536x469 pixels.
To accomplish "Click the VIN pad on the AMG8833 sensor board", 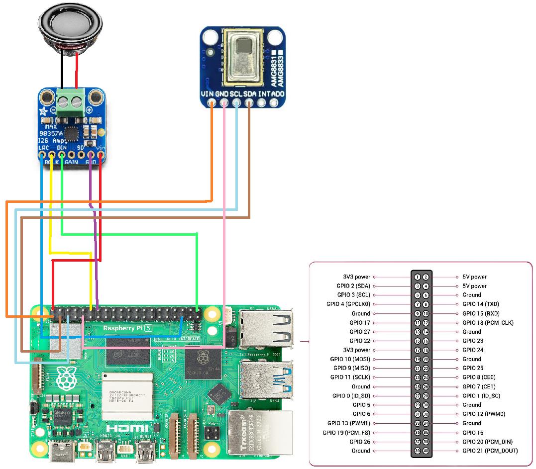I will tap(212, 103).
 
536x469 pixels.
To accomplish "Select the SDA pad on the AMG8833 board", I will tap(249, 103).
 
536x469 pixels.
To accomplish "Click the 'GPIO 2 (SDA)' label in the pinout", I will tap(353, 286).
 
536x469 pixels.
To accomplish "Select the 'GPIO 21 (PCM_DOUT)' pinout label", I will tap(490, 451).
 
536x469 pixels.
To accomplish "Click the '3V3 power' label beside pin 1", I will tap(356, 277).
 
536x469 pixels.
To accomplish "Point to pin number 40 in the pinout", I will tap(426, 451).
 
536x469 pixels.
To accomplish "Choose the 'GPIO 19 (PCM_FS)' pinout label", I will tap(346, 433).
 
